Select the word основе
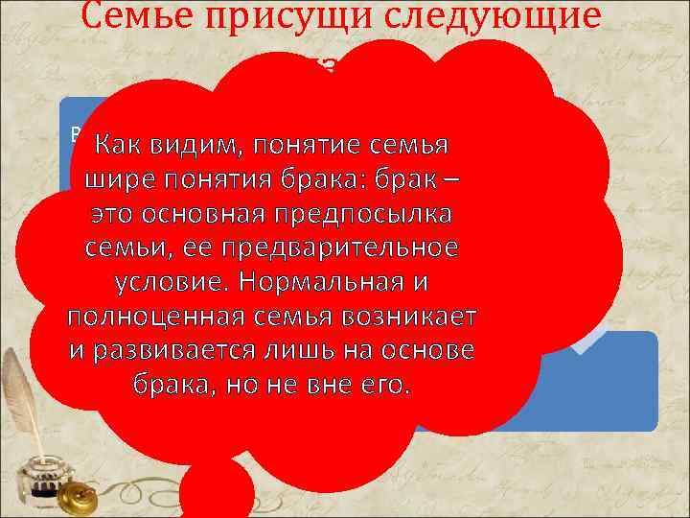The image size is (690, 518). click(x=430, y=351)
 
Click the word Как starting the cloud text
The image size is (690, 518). click(x=116, y=145)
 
